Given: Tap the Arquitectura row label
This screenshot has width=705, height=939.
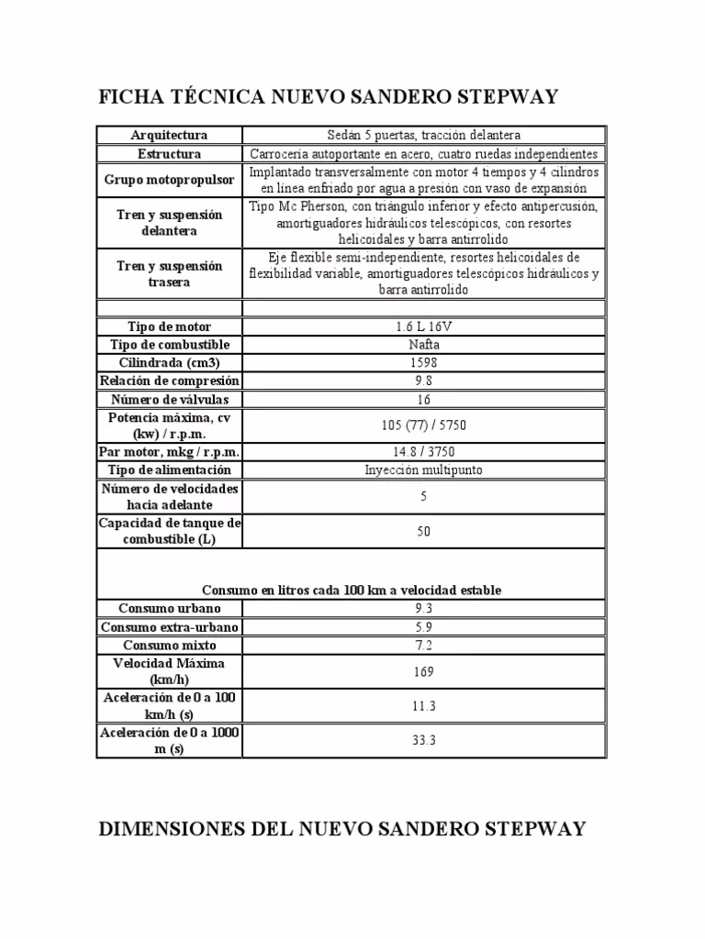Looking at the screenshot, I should pyautogui.click(x=170, y=135).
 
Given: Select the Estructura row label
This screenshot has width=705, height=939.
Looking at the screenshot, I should pyautogui.click(x=170, y=153).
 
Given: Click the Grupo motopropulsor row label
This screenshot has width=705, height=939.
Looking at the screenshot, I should pyautogui.click(x=170, y=180).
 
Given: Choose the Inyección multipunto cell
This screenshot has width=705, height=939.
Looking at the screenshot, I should pyautogui.click(x=423, y=470).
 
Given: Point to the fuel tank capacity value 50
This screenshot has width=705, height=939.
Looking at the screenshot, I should pyautogui.click(x=423, y=531).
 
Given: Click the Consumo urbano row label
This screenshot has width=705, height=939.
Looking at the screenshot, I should pyautogui.click(x=170, y=609).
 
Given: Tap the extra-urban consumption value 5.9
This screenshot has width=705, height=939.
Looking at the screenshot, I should pyautogui.click(x=423, y=627).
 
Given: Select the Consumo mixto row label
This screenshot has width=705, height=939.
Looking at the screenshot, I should pyautogui.click(x=170, y=646).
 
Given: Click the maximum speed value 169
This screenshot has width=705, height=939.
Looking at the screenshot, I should pyautogui.click(x=423, y=671).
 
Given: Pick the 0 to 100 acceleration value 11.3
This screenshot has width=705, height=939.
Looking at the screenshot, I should pyautogui.click(x=423, y=706).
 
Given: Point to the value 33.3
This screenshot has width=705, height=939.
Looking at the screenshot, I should pyautogui.click(x=423, y=741).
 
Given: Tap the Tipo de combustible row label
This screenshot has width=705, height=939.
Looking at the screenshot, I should pyautogui.click(x=170, y=345).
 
